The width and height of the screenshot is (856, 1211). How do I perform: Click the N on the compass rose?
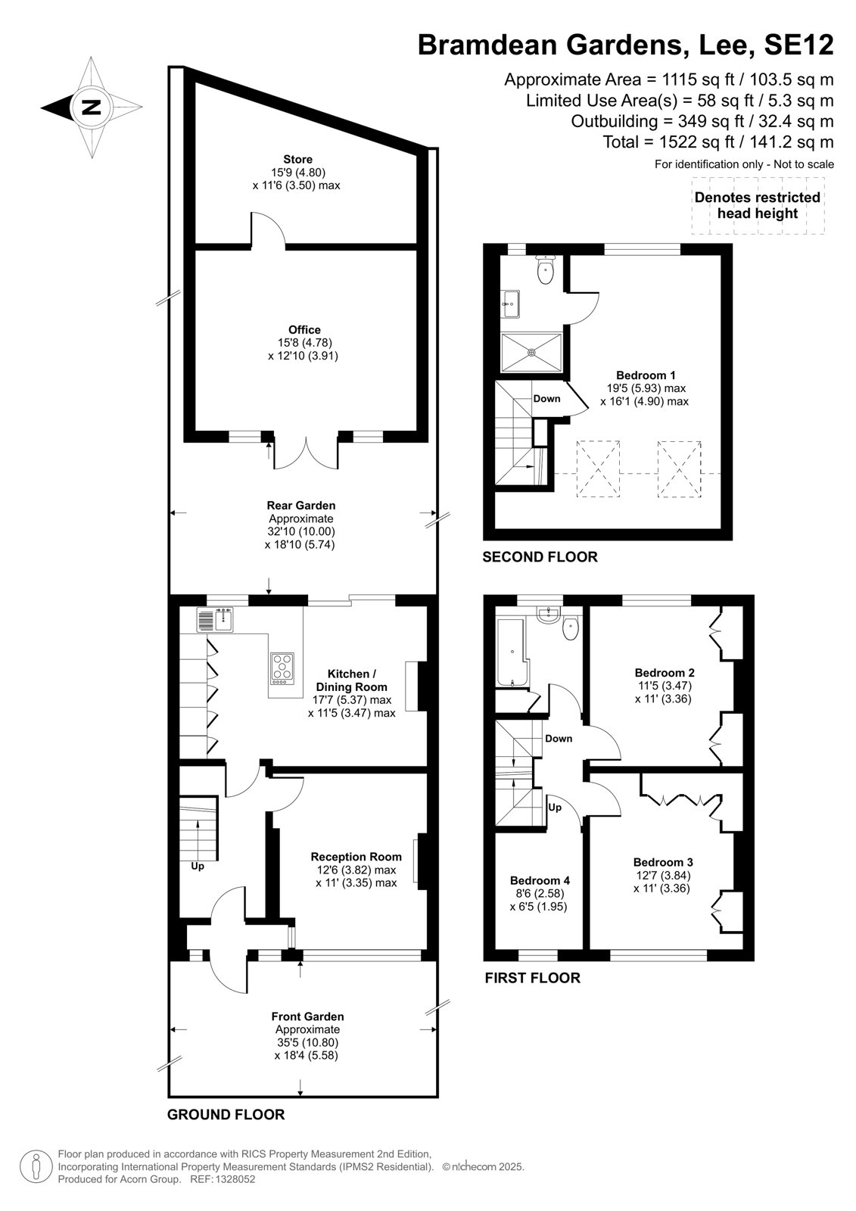coord(91,107)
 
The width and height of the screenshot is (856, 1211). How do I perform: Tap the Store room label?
coord(297,160)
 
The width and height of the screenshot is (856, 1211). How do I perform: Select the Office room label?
coord(304,330)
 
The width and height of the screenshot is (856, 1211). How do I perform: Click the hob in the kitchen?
coord(283,669)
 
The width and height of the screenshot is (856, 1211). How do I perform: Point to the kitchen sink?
coord(215,620)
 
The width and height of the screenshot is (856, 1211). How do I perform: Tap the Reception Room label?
coord(356,857)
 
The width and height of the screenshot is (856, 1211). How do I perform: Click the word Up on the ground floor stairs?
coord(198,866)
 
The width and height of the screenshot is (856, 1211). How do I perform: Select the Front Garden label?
coord(307,1016)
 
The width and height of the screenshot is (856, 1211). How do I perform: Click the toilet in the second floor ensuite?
coord(545,269)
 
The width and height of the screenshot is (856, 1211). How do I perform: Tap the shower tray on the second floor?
coord(532,353)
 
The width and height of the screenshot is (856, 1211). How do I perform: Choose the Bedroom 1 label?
coord(646,375)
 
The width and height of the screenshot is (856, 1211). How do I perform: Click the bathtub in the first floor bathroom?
coord(512,653)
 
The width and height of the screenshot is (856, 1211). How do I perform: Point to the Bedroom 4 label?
coord(540,881)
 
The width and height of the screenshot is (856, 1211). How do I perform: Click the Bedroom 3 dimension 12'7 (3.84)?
coord(663,875)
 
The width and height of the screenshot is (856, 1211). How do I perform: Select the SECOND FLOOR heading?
coord(540,557)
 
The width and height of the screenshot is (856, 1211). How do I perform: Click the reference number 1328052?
coord(234,1180)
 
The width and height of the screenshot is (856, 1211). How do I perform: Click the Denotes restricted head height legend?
coord(758,205)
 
